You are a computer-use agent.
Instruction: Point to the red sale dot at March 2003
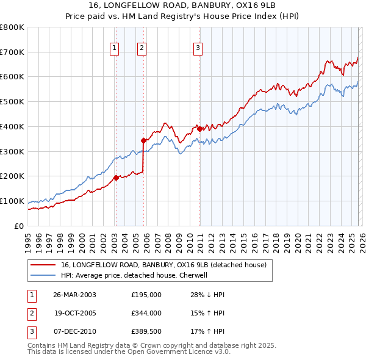[116, 178]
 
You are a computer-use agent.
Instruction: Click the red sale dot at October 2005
[144, 140]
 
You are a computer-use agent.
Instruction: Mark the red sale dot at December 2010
[199, 129]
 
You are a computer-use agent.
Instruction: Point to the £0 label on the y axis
[18, 226]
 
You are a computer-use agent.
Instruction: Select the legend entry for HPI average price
[134, 275]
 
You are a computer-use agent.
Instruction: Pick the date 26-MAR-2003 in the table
[74, 295]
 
